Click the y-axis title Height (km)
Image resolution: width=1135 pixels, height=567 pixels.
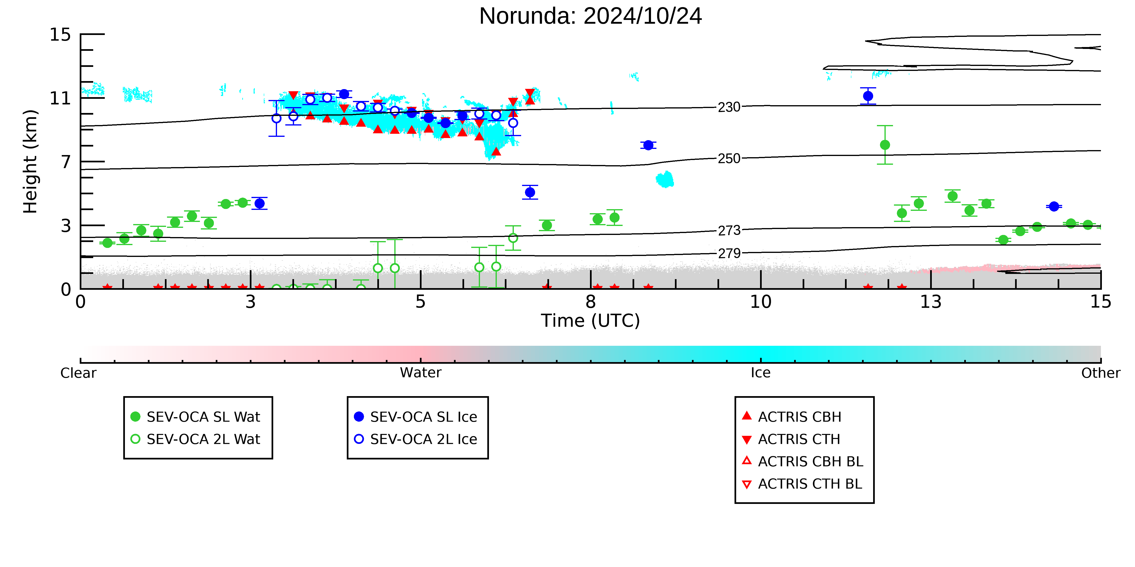click(x=31, y=162)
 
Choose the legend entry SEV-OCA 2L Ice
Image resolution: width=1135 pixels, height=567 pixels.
click(x=416, y=439)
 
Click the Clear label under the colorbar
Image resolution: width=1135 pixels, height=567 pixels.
click(x=79, y=373)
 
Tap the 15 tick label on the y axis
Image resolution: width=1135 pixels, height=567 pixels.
click(x=60, y=35)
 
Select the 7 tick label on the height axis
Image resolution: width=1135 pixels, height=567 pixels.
click(x=66, y=162)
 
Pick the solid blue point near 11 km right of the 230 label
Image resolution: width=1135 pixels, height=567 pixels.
click(x=868, y=96)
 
